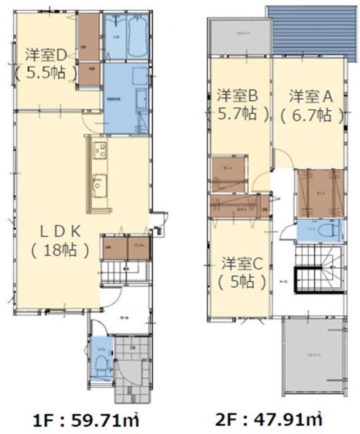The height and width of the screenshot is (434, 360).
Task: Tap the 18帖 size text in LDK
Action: [x=59, y=250]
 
